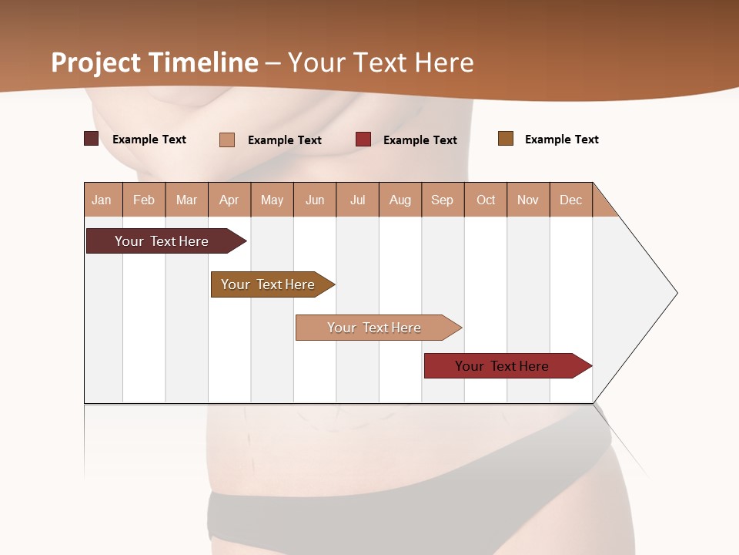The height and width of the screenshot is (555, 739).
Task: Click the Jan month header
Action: pyautogui.click(x=102, y=200)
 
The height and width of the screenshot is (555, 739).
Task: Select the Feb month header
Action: pyautogui.click(x=144, y=200)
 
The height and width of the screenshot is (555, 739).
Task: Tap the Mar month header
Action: pyautogui.click(x=186, y=200)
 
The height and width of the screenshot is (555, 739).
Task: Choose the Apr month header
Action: pyautogui.click(x=229, y=200)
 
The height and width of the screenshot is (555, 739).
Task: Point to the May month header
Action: pyautogui.click(x=272, y=200)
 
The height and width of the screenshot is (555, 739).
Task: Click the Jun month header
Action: pyautogui.click(x=315, y=200)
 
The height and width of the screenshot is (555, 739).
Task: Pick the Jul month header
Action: pyautogui.click(x=357, y=200)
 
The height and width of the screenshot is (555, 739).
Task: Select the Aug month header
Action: pyautogui.click(x=400, y=200)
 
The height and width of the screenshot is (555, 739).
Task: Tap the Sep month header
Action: pyautogui.click(x=443, y=200)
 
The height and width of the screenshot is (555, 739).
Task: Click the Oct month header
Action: pyautogui.click(x=486, y=200)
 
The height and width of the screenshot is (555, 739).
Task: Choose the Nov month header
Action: pyautogui.click(x=528, y=200)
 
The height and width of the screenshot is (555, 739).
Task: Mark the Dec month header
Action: pyautogui.click(x=571, y=200)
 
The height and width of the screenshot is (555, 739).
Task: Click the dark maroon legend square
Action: pyautogui.click(x=91, y=139)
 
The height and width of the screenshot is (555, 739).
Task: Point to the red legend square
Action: pyautogui.click(x=363, y=140)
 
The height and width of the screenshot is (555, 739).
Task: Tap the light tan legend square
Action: pyautogui.click(x=227, y=140)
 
